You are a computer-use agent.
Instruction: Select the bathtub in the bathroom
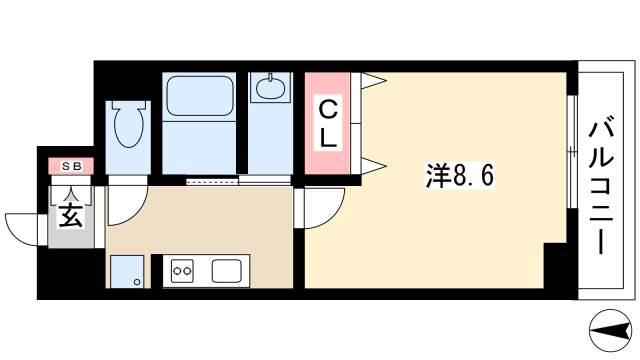[200, 96]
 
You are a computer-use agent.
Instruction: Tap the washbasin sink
[270, 87]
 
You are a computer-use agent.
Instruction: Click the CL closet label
[328, 124]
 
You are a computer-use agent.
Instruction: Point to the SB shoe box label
[72, 167]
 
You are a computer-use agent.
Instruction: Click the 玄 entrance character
[71, 215]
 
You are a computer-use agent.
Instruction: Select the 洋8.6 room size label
[460, 176]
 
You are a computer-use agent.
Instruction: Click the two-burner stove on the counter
[182, 270]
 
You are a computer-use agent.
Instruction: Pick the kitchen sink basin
[227, 271]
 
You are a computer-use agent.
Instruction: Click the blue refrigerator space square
[127, 271]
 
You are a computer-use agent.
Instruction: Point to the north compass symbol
[611, 330]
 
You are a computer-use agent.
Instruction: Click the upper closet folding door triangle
[373, 81]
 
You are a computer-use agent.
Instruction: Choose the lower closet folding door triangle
[373, 166]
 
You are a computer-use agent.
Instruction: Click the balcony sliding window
[572, 152]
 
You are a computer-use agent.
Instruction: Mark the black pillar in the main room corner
[555, 266]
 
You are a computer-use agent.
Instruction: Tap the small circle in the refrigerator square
[137, 282]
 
